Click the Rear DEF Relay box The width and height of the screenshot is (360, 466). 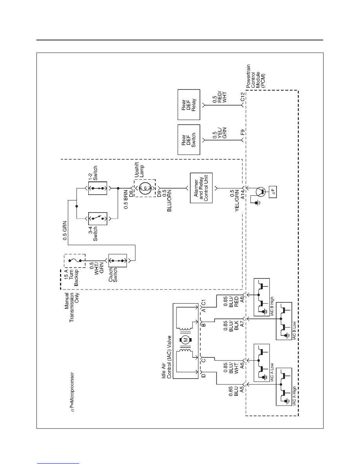[x=189, y=105]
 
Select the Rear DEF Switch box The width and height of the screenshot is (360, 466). [x=189, y=140]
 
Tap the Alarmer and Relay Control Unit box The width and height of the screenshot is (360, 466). [x=202, y=188]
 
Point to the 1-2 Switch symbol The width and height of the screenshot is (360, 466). [x=97, y=188]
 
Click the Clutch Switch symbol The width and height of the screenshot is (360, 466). [x=118, y=260]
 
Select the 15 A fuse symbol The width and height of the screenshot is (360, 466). [x=75, y=260]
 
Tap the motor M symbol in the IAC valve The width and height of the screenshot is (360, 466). [x=185, y=340]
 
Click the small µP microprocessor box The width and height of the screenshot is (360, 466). [x=274, y=192]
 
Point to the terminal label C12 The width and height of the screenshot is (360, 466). [x=242, y=97]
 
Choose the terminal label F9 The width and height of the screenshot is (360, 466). [x=242, y=132]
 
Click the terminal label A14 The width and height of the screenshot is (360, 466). [x=242, y=195]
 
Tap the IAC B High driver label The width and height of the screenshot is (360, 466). [x=272, y=306]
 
